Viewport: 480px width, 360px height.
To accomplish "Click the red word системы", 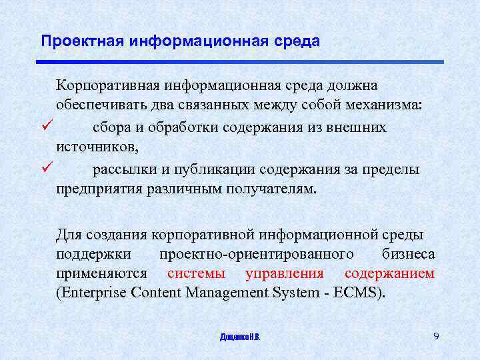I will point(196,273).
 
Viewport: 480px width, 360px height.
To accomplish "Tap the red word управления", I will point(284,273).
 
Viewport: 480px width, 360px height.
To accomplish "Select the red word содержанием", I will point(389,273).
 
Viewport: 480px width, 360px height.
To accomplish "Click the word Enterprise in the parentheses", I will point(94,293).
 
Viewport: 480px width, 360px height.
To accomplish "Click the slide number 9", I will point(436,336).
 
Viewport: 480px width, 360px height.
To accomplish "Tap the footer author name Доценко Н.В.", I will point(240,337).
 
